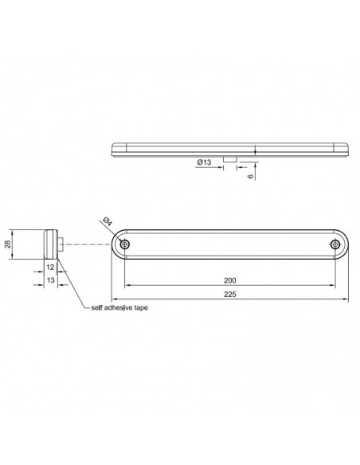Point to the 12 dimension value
click(x=50, y=268)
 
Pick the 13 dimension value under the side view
click(x=50, y=281)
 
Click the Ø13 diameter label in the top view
click(x=204, y=162)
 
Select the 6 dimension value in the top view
click(x=251, y=175)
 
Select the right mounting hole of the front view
click(x=335, y=244)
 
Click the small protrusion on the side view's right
click(x=61, y=244)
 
